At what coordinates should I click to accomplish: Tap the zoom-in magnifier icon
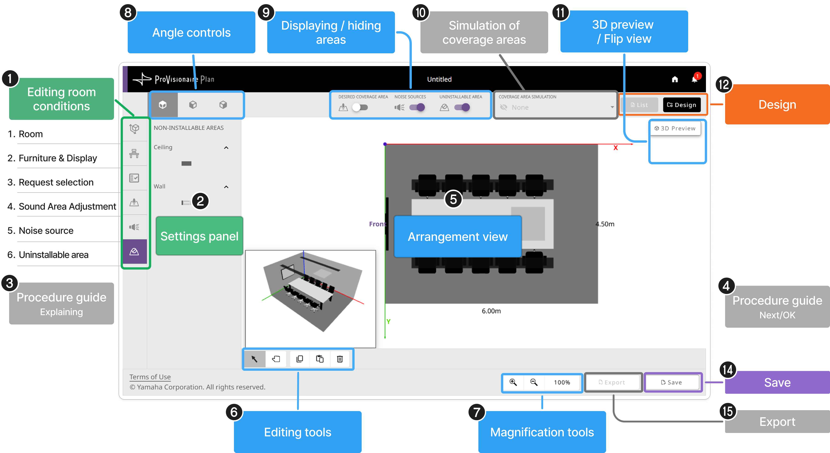(x=513, y=382)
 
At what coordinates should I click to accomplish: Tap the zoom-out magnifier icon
(x=534, y=382)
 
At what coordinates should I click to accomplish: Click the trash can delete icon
(x=340, y=359)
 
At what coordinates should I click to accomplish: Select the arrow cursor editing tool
(x=254, y=359)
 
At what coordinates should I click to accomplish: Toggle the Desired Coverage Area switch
(x=360, y=107)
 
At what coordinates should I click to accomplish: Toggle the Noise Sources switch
(x=417, y=107)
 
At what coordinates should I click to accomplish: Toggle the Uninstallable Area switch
(x=462, y=107)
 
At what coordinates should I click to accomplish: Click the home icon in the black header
(x=675, y=79)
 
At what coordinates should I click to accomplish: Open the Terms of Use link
(x=150, y=377)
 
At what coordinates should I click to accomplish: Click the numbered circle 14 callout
(x=728, y=369)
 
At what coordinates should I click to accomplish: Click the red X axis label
(x=615, y=148)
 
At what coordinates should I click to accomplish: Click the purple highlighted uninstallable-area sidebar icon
(x=134, y=252)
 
